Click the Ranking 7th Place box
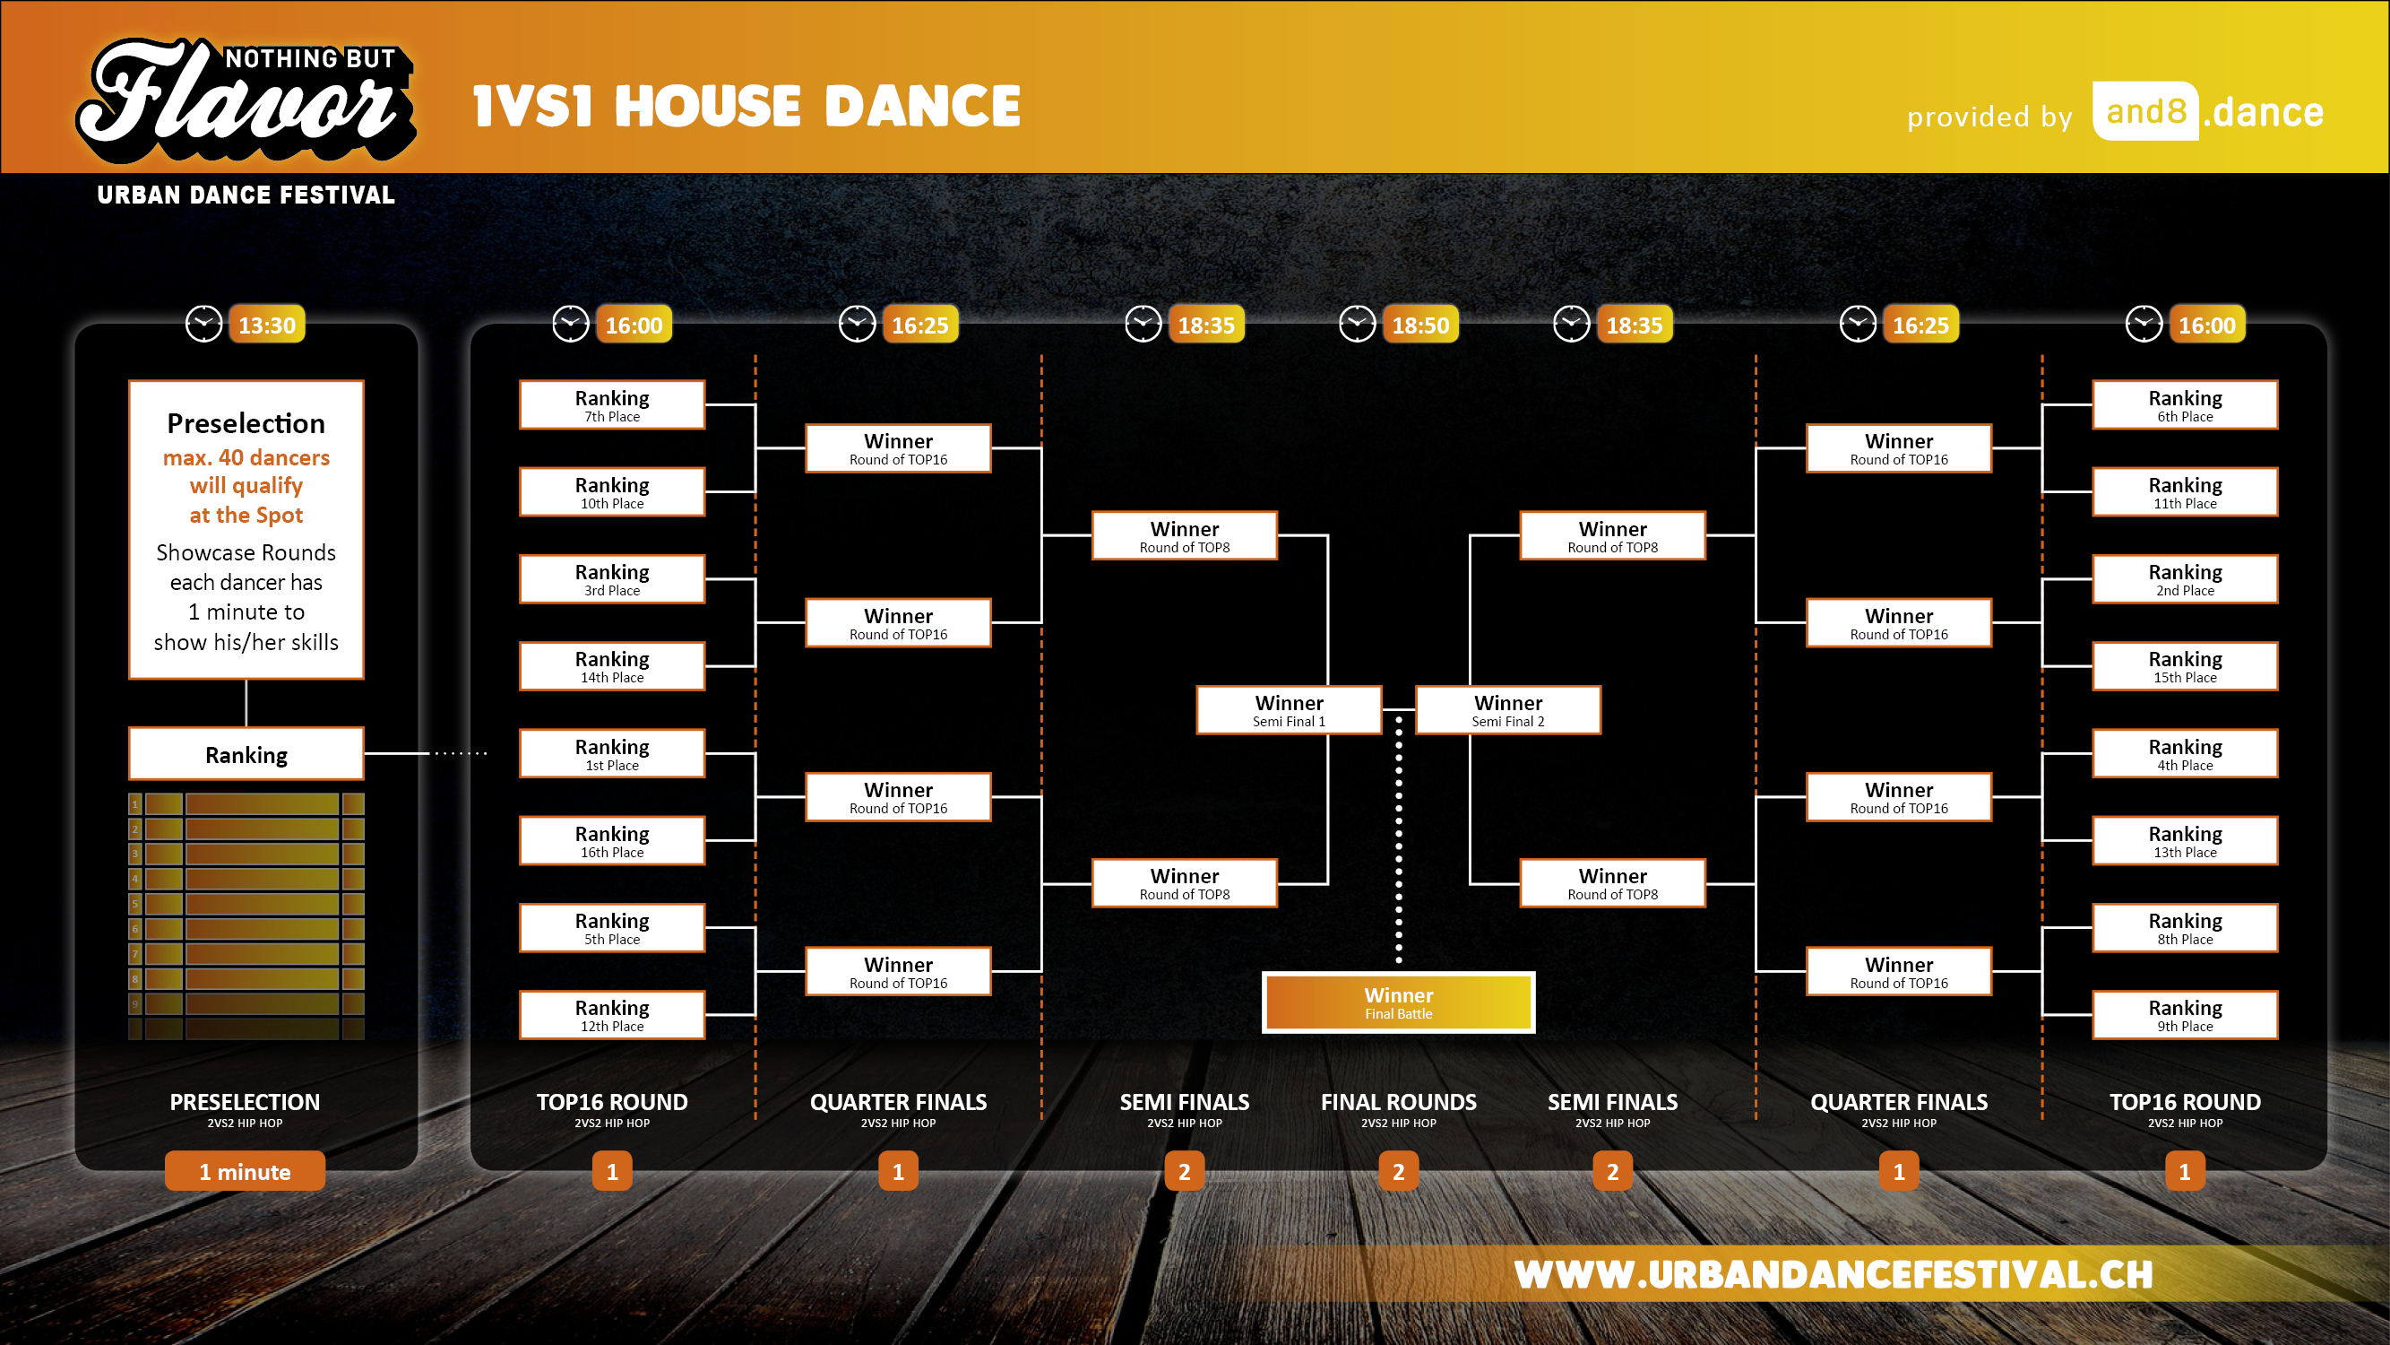[612, 404]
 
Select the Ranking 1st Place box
[612, 754]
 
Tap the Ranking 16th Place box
[612, 841]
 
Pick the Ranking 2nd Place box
[2185, 579]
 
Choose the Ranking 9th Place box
[2185, 1014]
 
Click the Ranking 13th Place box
[2185, 841]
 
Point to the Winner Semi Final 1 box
[1290, 710]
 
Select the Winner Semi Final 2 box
[1508, 710]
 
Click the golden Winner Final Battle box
[1398, 1002]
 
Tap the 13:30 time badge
[267, 325]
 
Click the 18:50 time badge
[1420, 325]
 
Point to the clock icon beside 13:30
[204, 324]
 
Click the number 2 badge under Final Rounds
[1398, 1171]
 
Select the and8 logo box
[2145, 111]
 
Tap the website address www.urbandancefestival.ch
[1833, 1274]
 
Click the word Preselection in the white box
[246, 423]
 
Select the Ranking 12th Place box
[612, 1014]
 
